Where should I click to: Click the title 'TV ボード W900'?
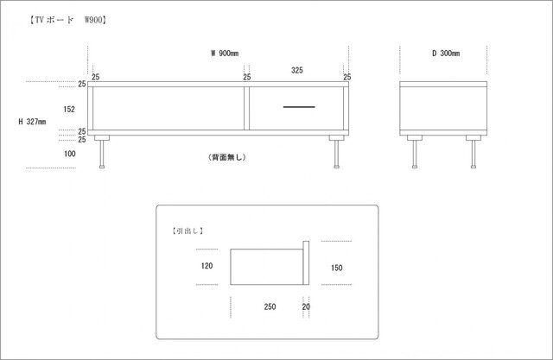[68, 20]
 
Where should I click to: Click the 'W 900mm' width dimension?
[225, 54]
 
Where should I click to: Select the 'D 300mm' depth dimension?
[446, 54]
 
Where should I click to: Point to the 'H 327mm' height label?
[32, 122]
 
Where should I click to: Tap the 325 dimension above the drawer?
[297, 70]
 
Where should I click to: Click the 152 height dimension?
[69, 109]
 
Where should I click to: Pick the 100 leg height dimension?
[69, 154]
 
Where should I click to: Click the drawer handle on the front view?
[299, 107]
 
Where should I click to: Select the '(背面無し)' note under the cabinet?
[227, 157]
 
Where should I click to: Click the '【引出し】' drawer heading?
[188, 231]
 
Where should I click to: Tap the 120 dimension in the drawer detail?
[207, 266]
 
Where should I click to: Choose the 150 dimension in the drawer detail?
[336, 268]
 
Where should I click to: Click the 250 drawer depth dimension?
[270, 306]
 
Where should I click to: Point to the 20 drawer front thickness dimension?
[306, 306]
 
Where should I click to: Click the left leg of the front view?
[102, 152]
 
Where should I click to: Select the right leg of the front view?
[336, 152]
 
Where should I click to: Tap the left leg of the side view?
[415, 152]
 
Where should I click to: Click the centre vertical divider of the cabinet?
[246, 108]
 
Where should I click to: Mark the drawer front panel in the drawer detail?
[306, 262]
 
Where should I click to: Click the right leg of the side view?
[474, 152]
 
